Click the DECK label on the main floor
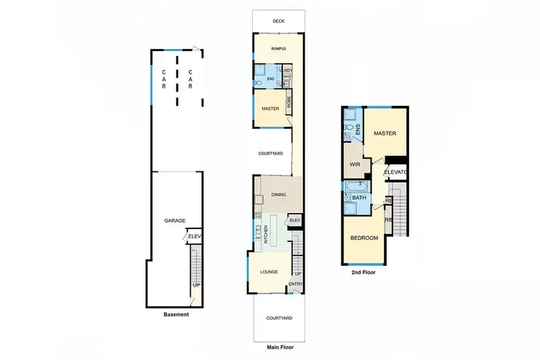tap(279, 22)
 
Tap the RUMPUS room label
tap(279, 49)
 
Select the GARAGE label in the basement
tap(175, 221)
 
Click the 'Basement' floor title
tap(176, 315)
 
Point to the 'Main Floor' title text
tap(279, 347)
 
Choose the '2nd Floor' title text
tap(364, 273)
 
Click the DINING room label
tap(279, 194)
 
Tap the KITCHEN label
tap(266, 234)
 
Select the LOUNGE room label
tap(269, 272)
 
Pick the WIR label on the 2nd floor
tap(354, 164)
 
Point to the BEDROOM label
tap(364, 238)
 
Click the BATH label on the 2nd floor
tap(358, 197)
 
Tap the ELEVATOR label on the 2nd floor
tap(397, 173)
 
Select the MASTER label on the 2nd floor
tap(385, 133)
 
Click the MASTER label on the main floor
tap(270, 109)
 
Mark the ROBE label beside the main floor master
tap(289, 103)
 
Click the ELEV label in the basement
tap(193, 235)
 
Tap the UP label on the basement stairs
tap(196, 285)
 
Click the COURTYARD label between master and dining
tap(271, 153)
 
